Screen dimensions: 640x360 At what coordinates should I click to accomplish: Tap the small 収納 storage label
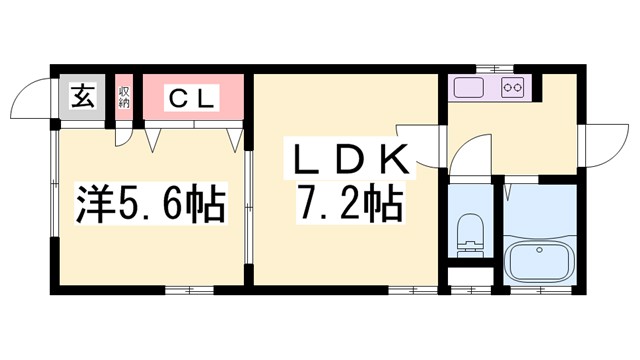tap(125, 98)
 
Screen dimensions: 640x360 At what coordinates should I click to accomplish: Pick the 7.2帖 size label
tap(347, 207)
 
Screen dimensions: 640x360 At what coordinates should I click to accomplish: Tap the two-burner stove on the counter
tap(513, 89)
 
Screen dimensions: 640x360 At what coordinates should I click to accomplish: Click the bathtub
tap(540, 262)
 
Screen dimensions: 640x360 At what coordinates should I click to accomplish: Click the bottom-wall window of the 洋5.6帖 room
tap(189, 290)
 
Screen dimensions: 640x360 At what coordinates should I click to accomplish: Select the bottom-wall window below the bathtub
tap(540, 290)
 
